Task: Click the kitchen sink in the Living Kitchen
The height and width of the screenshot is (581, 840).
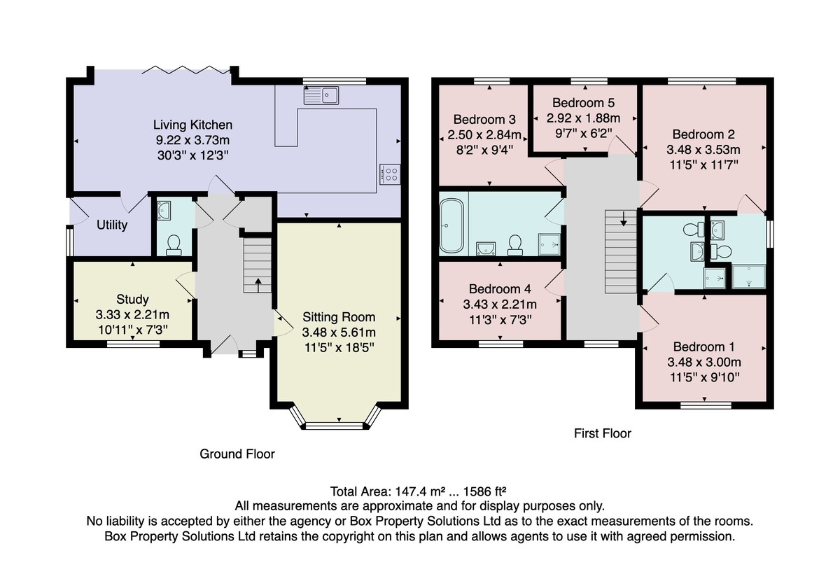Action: point(321,95)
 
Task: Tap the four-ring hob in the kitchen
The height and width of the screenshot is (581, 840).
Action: point(390,174)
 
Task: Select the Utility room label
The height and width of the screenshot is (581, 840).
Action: point(112,225)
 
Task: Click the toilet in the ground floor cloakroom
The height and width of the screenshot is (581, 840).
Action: point(174,245)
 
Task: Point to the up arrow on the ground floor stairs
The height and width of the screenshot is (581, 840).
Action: point(258,285)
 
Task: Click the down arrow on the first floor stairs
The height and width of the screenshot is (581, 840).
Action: point(623,219)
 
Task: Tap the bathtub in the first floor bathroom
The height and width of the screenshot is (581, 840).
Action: point(451,225)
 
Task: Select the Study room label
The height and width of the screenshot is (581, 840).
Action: point(132,299)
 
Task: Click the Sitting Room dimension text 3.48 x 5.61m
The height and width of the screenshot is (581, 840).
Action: point(339,332)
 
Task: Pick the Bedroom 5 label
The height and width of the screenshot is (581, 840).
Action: point(583,102)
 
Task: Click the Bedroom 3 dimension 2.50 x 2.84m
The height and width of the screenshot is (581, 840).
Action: point(484,134)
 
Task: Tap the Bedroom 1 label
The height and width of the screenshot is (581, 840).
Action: point(704,346)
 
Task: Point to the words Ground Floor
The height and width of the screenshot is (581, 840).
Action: point(237,454)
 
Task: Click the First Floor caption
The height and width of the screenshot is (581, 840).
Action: point(603,433)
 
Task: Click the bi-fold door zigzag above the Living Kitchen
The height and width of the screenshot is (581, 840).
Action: point(186,69)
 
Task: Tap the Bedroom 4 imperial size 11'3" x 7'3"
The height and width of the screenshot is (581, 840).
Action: point(500,320)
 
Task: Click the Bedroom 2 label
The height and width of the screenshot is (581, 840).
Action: point(703,134)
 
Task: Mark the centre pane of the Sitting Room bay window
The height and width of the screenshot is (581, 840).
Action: point(335,426)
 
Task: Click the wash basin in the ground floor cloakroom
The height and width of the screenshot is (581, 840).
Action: point(164,210)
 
